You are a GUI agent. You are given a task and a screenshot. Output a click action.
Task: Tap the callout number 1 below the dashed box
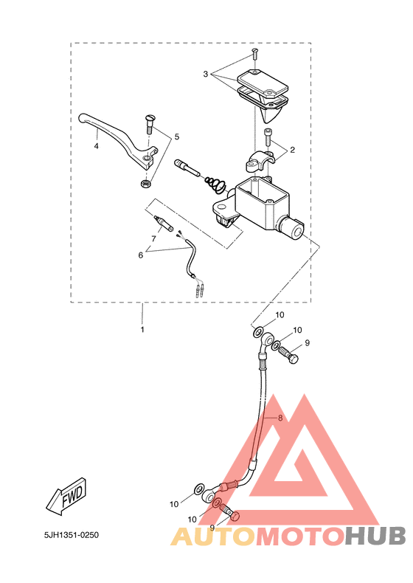142,329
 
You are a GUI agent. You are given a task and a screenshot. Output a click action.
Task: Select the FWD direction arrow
67,497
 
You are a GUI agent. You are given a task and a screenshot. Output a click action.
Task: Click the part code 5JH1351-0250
72,535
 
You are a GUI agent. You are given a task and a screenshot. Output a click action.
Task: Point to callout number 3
206,74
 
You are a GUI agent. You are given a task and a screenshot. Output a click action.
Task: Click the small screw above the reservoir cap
254,54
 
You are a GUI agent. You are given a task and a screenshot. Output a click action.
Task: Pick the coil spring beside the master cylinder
215,184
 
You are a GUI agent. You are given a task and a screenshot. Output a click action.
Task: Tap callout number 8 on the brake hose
280,418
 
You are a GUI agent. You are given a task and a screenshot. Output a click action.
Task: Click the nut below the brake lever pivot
145,184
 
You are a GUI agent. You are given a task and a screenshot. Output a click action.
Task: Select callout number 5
176,137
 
